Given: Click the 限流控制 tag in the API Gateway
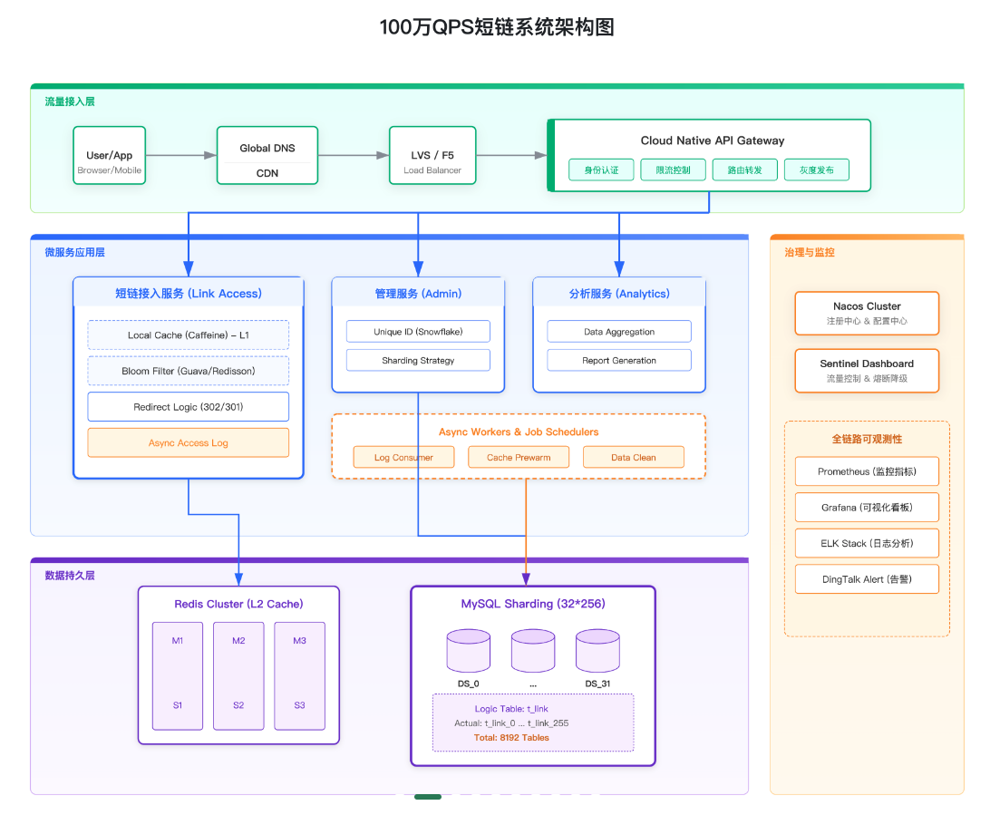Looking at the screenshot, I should pyautogui.click(x=673, y=170).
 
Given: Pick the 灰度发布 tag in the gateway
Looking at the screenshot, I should pyautogui.click(x=816, y=170).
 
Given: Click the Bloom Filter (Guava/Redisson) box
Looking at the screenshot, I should pyautogui.click(x=188, y=371).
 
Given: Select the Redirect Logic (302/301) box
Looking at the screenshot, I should pyautogui.click(x=188, y=407).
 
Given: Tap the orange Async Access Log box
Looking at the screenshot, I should pyautogui.click(x=188, y=442).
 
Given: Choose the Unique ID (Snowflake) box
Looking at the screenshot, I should pyautogui.click(x=418, y=332).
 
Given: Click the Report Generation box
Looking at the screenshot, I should pyautogui.click(x=618, y=360).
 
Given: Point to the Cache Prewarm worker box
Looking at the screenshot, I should pyautogui.click(x=519, y=457).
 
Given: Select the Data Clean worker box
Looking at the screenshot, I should pyautogui.click(x=633, y=457).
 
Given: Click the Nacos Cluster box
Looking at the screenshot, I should pyautogui.click(x=867, y=313).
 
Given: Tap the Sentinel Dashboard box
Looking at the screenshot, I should pyautogui.click(x=867, y=370).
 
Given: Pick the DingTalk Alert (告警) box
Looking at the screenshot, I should pyautogui.click(x=867, y=579).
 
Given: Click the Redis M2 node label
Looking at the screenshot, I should pyautogui.click(x=238, y=641).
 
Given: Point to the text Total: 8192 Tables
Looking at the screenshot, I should pyautogui.click(x=511, y=737).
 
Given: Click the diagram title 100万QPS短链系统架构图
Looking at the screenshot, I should pyautogui.click(x=496, y=27).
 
